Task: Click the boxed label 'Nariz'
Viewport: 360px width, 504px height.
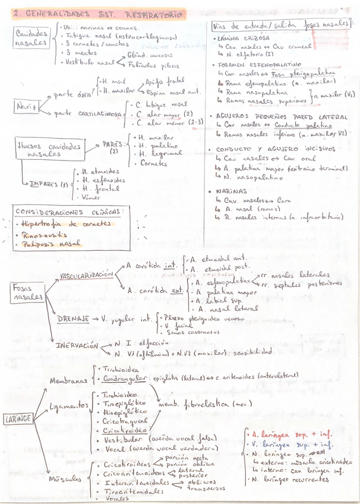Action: click(26, 107)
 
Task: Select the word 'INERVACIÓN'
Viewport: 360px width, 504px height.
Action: click(77, 345)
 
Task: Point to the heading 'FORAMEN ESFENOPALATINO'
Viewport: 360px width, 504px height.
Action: click(260, 64)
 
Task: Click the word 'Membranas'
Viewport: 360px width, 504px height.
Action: click(68, 381)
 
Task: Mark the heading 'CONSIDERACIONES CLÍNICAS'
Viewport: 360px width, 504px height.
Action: click(69, 212)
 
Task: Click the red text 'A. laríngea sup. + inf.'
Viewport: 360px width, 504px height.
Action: click(291, 434)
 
